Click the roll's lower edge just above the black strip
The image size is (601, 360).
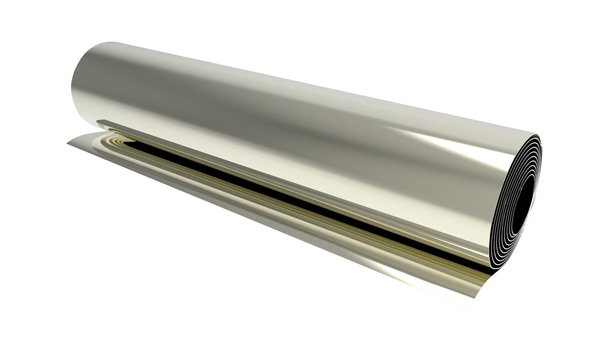(x=300, y=190)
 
